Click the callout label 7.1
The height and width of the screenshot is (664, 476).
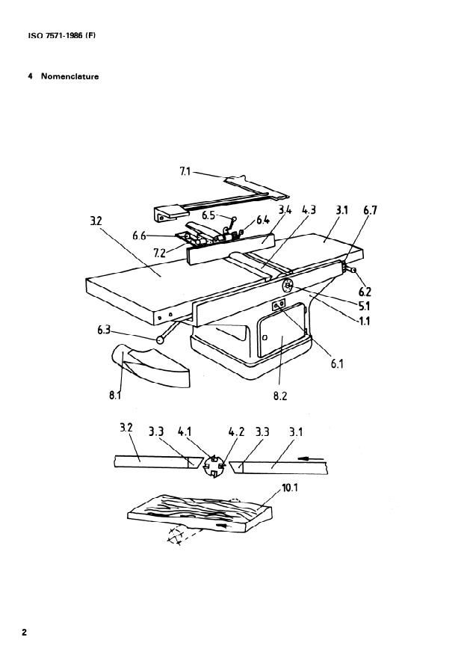click(185, 171)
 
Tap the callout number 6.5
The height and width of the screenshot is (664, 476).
click(208, 215)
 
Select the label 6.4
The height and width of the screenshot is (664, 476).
click(263, 220)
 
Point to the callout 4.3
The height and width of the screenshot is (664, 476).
click(309, 210)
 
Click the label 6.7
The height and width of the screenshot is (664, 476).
click(370, 210)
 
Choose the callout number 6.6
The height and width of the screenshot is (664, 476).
click(139, 236)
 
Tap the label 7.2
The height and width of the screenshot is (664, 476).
click(159, 253)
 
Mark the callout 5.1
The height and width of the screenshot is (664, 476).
click(365, 306)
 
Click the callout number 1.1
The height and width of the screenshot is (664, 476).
click(365, 322)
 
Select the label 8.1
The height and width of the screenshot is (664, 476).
click(115, 396)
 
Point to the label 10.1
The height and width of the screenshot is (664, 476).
click(290, 488)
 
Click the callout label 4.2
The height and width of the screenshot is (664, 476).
click(237, 432)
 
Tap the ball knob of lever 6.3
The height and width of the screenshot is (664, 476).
click(161, 339)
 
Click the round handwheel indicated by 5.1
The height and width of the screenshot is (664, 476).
click(288, 286)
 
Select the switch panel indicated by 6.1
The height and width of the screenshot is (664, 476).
click(279, 305)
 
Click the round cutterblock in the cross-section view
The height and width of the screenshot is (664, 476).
click(214, 467)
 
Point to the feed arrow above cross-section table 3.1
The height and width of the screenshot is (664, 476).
click(311, 458)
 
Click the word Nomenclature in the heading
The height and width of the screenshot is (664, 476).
click(69, 77)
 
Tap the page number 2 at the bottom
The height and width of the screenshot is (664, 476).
click(24, 633)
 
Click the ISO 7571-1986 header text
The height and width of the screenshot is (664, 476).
click(62, 36)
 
